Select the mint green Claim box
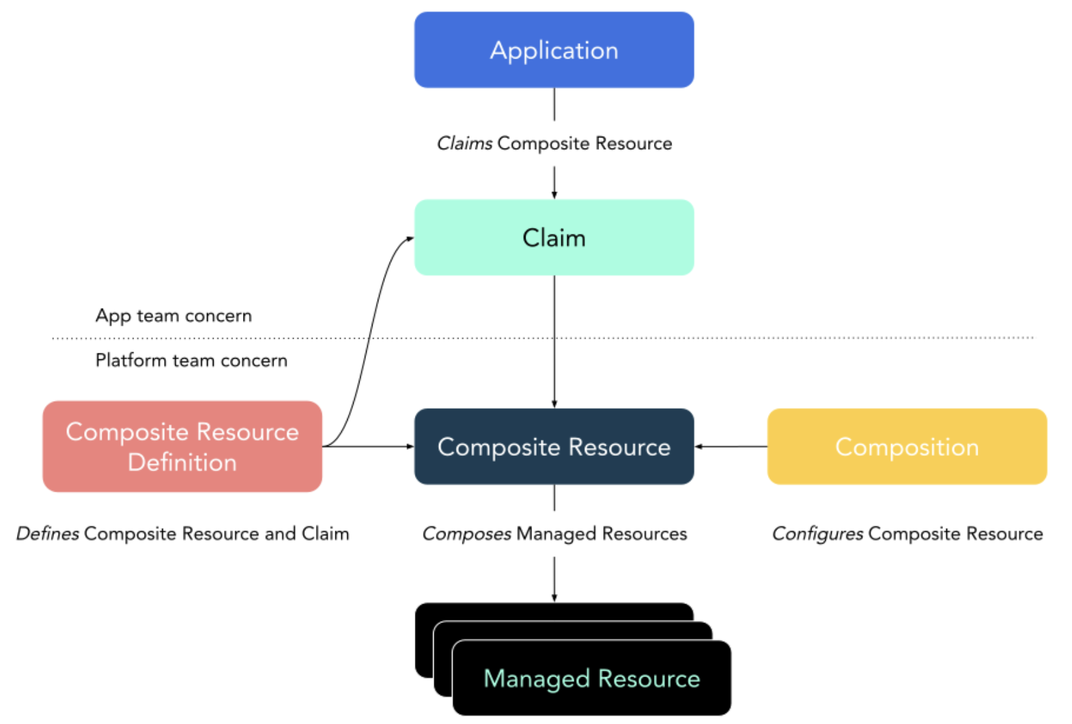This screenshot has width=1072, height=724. coord(554,238)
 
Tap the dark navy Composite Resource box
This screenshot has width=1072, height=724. coord(554,447)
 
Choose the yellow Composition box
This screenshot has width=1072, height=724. coord(907,447)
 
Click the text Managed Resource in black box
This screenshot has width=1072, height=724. coord(591,678)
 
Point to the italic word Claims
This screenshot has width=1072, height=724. coord(464,143)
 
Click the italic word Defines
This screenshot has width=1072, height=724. coord(48,534)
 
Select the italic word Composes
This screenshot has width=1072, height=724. coord(466,534)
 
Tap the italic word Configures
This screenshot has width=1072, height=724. coord(817,534)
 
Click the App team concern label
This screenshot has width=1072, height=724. coord(173,316)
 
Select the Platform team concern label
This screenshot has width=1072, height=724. coord(191,360)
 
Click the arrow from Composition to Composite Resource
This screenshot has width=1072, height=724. coord(729,447)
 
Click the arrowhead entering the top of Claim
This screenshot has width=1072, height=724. coord(554,194)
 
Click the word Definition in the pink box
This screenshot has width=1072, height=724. coord(182,462)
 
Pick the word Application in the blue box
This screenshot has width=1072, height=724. coord(554,51)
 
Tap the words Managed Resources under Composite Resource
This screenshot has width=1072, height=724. coord(602,534)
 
